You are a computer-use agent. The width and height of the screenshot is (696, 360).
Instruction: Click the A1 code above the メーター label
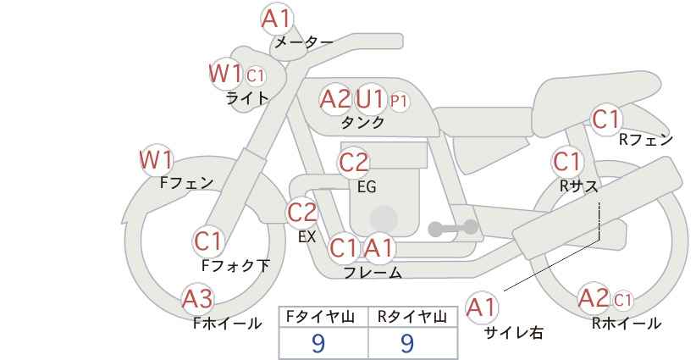point(276,19)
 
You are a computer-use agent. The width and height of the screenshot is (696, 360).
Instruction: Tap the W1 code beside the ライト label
point(225,74)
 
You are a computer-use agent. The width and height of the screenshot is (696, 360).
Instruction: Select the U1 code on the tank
point(369,99)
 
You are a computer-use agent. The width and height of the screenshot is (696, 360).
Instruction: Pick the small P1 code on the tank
point(399,102)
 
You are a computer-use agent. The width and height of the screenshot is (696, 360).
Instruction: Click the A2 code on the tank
point(335,99)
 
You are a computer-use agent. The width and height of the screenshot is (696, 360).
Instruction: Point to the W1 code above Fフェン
point(157,160)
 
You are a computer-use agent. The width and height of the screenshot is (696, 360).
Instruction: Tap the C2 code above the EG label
point(354,163)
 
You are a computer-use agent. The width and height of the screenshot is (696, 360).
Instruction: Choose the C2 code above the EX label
point(302,213)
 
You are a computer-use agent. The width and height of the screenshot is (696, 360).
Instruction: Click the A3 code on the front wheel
point(198,299)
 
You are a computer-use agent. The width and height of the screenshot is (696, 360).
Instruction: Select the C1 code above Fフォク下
point(207,242)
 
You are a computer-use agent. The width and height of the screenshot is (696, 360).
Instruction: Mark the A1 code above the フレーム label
point(378,248)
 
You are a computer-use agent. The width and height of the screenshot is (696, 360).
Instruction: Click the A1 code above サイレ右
point(482,307)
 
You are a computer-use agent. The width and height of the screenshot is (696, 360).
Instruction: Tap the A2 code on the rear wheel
point(594,298)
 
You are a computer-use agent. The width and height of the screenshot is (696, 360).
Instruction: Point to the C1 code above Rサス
point(566,162)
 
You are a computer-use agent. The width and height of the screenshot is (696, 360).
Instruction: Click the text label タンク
point(362,122)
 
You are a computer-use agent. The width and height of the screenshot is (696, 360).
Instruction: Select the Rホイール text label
point(627,324)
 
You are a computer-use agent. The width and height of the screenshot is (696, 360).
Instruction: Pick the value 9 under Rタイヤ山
point(407,343)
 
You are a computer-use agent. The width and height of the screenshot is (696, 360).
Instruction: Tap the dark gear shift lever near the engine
point(453,228)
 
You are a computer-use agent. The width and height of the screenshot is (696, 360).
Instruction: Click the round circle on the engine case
point(384,219)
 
